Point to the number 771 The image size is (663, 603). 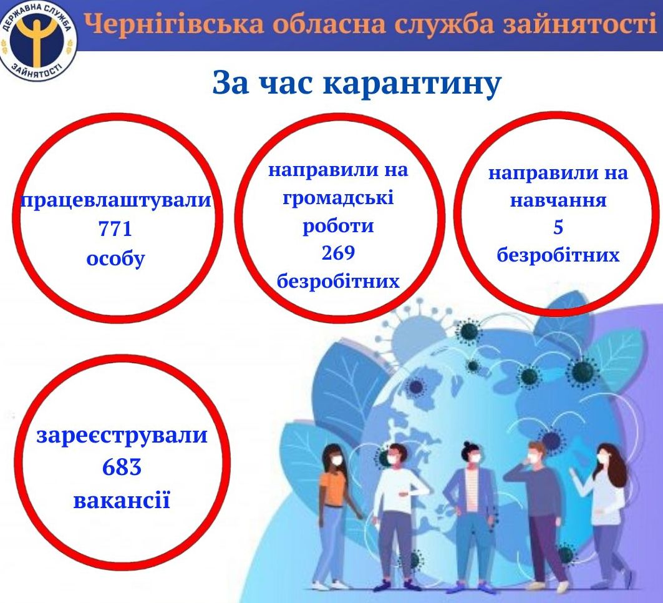tap(115, 229)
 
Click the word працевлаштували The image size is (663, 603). tap(116, 200)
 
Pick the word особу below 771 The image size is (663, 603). tap(115, 258)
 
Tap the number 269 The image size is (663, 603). tap(338, 253)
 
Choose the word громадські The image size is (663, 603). tap(338, 198)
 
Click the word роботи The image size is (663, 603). tap(338, 225)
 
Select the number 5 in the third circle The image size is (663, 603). tap(558, 227)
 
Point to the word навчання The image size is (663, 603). tap(558, 200)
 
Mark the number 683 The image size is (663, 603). tap(122, 467)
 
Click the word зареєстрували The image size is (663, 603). tap(122, 435)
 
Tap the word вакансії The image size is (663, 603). tap(122, 500)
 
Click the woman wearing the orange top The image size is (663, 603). tap(334, 516)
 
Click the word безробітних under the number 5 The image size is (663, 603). tap(558, 255)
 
